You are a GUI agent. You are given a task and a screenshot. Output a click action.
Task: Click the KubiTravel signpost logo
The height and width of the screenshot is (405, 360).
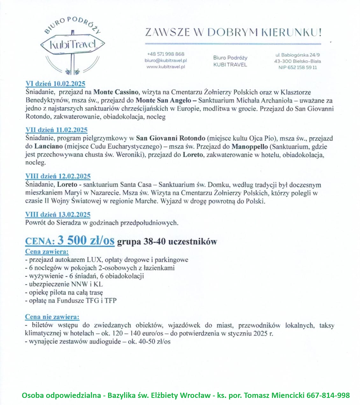(73, 45)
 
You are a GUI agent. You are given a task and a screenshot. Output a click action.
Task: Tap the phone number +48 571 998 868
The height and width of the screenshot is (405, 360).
(166, 54)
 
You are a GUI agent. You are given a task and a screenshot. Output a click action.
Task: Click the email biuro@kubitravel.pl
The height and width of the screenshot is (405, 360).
(166, 60)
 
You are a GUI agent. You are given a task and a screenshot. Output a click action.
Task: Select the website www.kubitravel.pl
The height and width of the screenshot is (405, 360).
(166, 67)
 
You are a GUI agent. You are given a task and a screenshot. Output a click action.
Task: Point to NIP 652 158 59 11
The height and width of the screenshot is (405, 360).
(298, 67)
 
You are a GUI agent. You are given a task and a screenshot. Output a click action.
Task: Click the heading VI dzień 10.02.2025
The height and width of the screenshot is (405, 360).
(55, 84)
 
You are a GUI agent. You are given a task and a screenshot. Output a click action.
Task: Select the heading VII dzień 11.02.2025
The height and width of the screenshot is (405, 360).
(56, 130)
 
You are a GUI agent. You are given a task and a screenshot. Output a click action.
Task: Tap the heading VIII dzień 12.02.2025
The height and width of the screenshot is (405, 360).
(58, 176)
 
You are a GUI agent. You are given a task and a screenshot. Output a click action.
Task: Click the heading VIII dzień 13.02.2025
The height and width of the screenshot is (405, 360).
(58, 214)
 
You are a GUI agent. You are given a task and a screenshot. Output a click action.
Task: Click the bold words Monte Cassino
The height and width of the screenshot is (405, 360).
(116, 92)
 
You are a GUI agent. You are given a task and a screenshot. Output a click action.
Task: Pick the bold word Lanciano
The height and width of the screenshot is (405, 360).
(49, 146)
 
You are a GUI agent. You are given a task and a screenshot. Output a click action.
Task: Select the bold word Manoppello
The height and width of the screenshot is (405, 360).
(250, 146)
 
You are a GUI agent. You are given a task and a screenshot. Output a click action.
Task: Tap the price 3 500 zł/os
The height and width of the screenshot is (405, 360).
(86, 240)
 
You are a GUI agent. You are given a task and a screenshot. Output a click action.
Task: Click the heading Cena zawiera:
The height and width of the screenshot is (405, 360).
(47, 252)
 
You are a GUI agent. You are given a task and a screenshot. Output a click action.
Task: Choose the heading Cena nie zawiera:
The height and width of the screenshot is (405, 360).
(52, 317)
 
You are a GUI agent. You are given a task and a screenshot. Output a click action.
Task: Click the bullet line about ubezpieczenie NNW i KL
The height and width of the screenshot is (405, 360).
(64, 284)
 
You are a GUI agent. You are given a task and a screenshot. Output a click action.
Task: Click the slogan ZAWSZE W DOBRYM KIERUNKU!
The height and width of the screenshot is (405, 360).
(233, 33)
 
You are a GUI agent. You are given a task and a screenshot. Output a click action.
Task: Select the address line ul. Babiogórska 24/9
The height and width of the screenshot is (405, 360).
(298, 55)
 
